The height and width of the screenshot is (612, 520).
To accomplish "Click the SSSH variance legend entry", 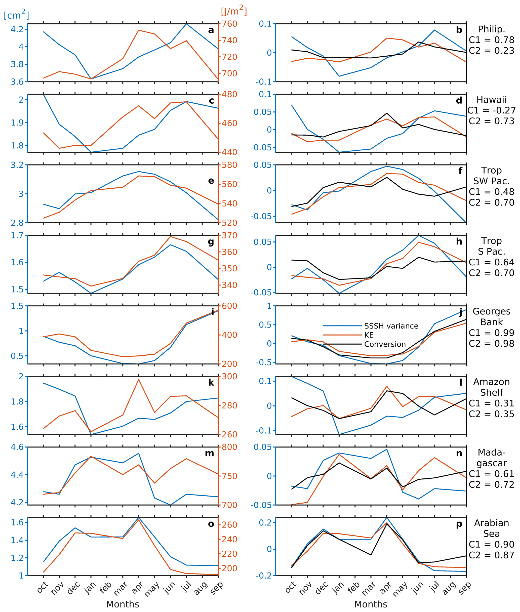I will click(391, 326).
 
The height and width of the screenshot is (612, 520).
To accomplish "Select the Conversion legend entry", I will click(385, 344).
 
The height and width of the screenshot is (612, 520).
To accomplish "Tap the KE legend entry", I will click(369, 335).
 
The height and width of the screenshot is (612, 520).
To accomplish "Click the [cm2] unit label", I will click(16, 15).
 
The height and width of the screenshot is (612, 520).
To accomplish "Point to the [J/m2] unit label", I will click(234, 11).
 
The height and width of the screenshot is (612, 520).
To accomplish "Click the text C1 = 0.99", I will click(491, 333).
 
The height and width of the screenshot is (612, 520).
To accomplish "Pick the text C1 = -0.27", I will click(491, 110).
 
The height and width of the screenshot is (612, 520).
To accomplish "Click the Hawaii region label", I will click(491, 100).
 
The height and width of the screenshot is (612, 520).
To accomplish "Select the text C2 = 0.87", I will click(491, 555).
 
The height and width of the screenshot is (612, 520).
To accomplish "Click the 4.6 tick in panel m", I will click(17, 447).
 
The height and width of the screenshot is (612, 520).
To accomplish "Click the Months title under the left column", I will click(123, 604).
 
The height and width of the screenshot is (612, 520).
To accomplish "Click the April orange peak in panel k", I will click(139, 379).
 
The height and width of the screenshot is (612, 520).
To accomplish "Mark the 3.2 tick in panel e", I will click(17, 165).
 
